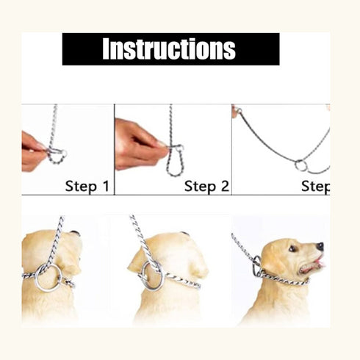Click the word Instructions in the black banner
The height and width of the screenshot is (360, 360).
pyautogui.click(x=169, y=49)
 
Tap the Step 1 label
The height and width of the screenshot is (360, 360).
pyautogui.click(x=87, y=186)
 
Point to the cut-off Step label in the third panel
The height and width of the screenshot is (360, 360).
pyautogui.click(x=315, y=186)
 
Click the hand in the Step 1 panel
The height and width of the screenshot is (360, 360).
pyautogui.click(x=33, y=150)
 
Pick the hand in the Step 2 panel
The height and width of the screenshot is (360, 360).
pyautogui.click(x=140, y=143)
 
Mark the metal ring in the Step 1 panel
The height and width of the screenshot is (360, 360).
pyautogui.click(x=58, y=154)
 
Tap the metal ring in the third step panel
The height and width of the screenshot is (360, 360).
pyautogui.click(x=301, y=165)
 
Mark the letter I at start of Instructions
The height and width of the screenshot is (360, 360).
pyautogui.click(x=106, y=49)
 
